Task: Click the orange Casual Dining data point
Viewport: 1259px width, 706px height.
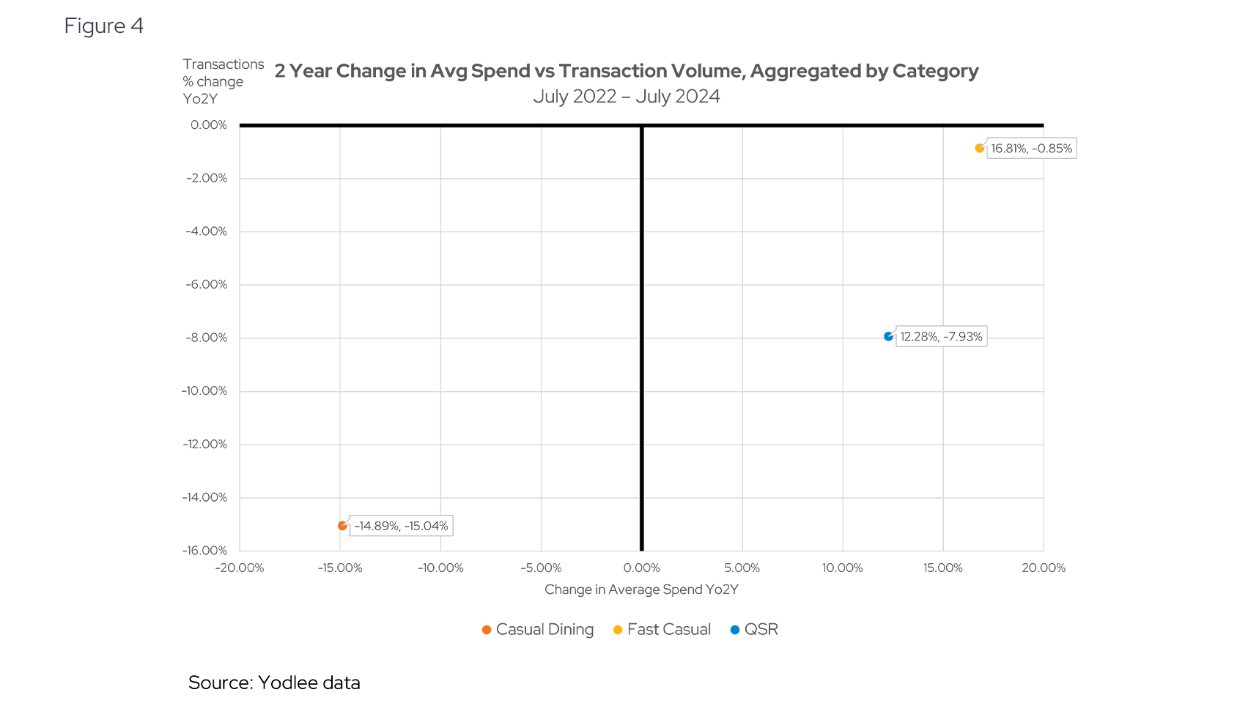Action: click(x=342, y=526)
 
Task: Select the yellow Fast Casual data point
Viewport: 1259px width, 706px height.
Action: click(x=979, y=149)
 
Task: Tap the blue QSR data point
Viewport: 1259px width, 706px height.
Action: click(x=888, y=337)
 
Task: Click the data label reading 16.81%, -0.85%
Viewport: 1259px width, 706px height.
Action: click(x=1031, y=149)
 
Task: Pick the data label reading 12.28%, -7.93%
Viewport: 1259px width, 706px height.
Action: click(x=941, y=337)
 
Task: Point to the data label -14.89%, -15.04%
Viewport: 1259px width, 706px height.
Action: click(x=401, y=526)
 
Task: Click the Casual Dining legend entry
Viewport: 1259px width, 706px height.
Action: click(x=538, y=630)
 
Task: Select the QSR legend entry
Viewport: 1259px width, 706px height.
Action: click(x=755, y=630)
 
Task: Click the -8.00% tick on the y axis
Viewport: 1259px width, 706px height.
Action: click(x=207, y=338)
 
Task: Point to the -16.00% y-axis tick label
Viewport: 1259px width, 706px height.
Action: click(x=205, y=551)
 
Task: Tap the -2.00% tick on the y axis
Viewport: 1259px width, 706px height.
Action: click(x=207, y=178)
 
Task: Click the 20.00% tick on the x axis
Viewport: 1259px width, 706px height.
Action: click(x=1044, y=568)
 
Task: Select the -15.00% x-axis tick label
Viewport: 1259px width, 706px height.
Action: click(x=340, y=568)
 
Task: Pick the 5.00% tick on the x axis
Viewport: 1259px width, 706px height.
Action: click(x=742, y=568)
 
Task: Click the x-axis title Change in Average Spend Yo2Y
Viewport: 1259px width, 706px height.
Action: click(x=641, y=590)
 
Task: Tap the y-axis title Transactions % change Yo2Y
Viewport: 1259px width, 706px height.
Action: click(x=223, y=81)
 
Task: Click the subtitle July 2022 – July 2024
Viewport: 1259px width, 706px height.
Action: click(x=627, y=97)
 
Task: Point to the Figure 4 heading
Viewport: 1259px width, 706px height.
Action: click(x=104, y=26)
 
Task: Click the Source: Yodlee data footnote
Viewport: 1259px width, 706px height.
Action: click(x=274, y=683)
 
